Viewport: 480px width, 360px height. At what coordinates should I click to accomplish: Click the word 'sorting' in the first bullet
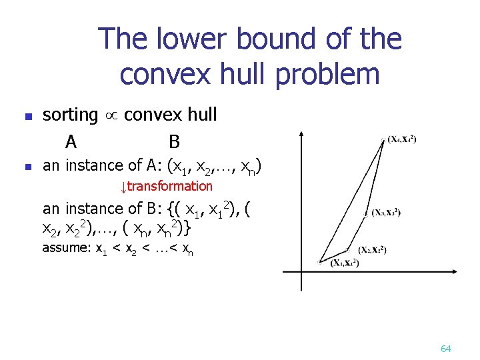(x=70, y=115)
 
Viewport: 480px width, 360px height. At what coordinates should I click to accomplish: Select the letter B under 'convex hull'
(x=175, y=141)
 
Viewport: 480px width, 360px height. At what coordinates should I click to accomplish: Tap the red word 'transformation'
(x=170, y=187)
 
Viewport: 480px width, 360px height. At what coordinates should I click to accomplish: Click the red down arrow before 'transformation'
(x=123, y=187)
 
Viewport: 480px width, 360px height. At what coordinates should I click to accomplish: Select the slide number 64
(x=446, y=349)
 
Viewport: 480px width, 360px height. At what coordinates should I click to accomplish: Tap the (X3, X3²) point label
(x=386, y=213)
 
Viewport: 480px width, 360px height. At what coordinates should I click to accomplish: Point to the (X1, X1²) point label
(x=345, y=263)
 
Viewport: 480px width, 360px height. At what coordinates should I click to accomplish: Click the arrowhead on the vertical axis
(x=302, y=135)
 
